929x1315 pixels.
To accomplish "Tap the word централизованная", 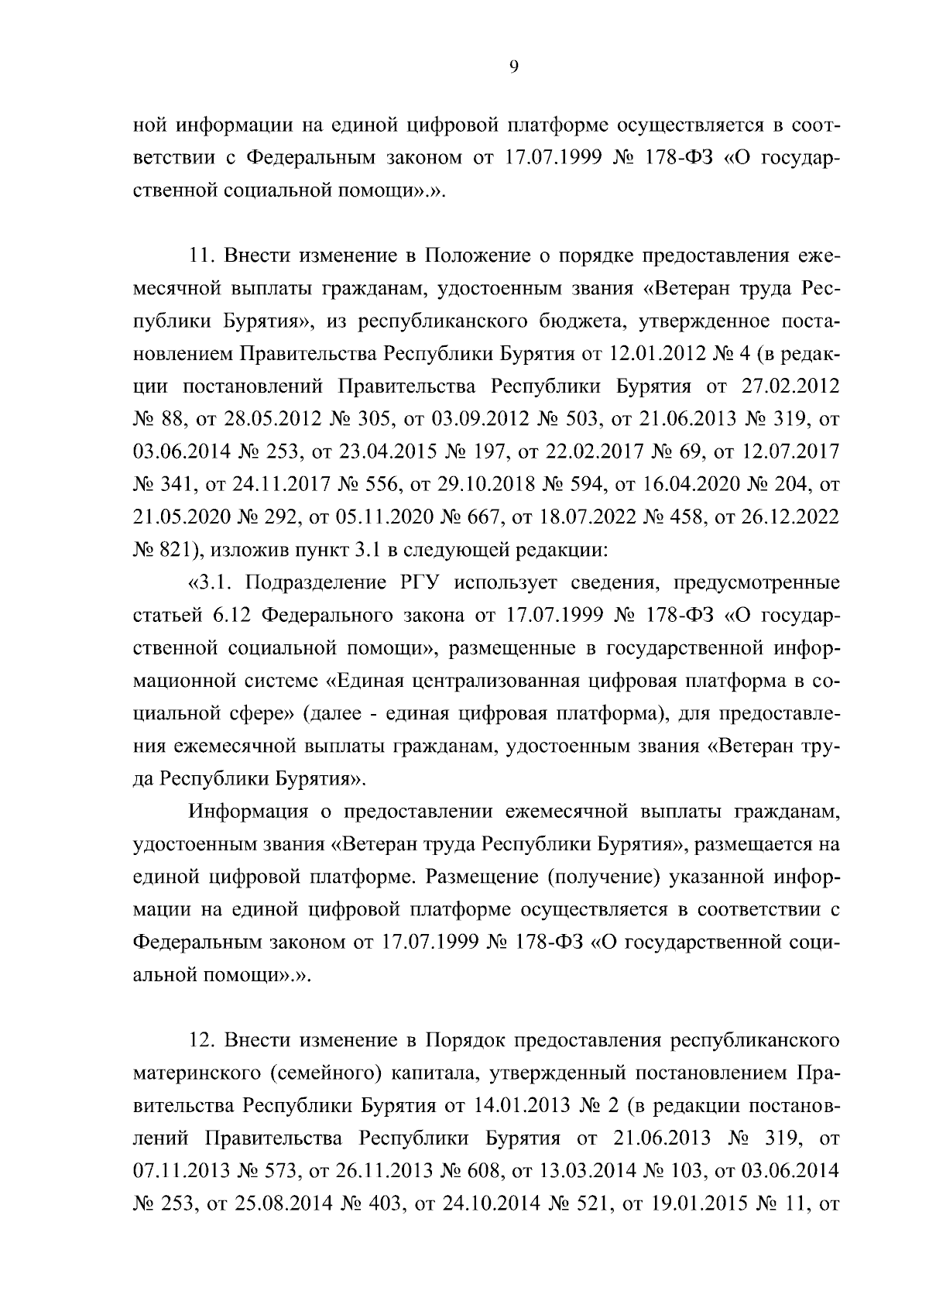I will [488, 681].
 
